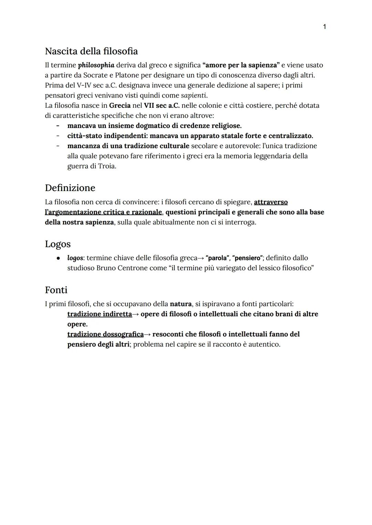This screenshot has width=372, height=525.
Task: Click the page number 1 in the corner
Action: pos(324,27)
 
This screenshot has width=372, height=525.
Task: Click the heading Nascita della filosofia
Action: pos(91,51)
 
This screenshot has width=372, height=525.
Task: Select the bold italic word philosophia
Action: pos(96,65)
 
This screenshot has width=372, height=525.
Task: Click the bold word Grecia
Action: pos(120,105)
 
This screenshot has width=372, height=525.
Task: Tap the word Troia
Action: pos(107,166)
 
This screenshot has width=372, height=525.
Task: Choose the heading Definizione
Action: pos(70,188)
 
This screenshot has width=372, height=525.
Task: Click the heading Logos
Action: pos(58,244)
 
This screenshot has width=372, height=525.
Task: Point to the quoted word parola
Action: pos(217,258)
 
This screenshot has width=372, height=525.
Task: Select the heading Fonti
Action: pos(56,290)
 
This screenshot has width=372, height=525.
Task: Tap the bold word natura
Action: pos(180,304)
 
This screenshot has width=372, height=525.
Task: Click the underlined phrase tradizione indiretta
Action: pos(100,314)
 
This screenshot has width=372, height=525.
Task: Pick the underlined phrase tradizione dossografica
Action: pos(105,334)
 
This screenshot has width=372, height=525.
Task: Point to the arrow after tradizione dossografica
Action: pos(147,335)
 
